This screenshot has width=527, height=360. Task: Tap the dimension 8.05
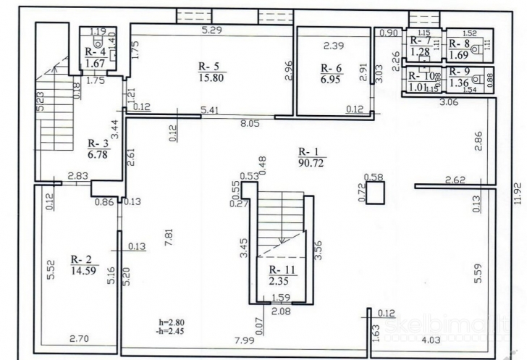250,124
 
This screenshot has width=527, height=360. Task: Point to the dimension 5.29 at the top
211,30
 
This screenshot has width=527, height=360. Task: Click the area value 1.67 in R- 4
96,64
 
